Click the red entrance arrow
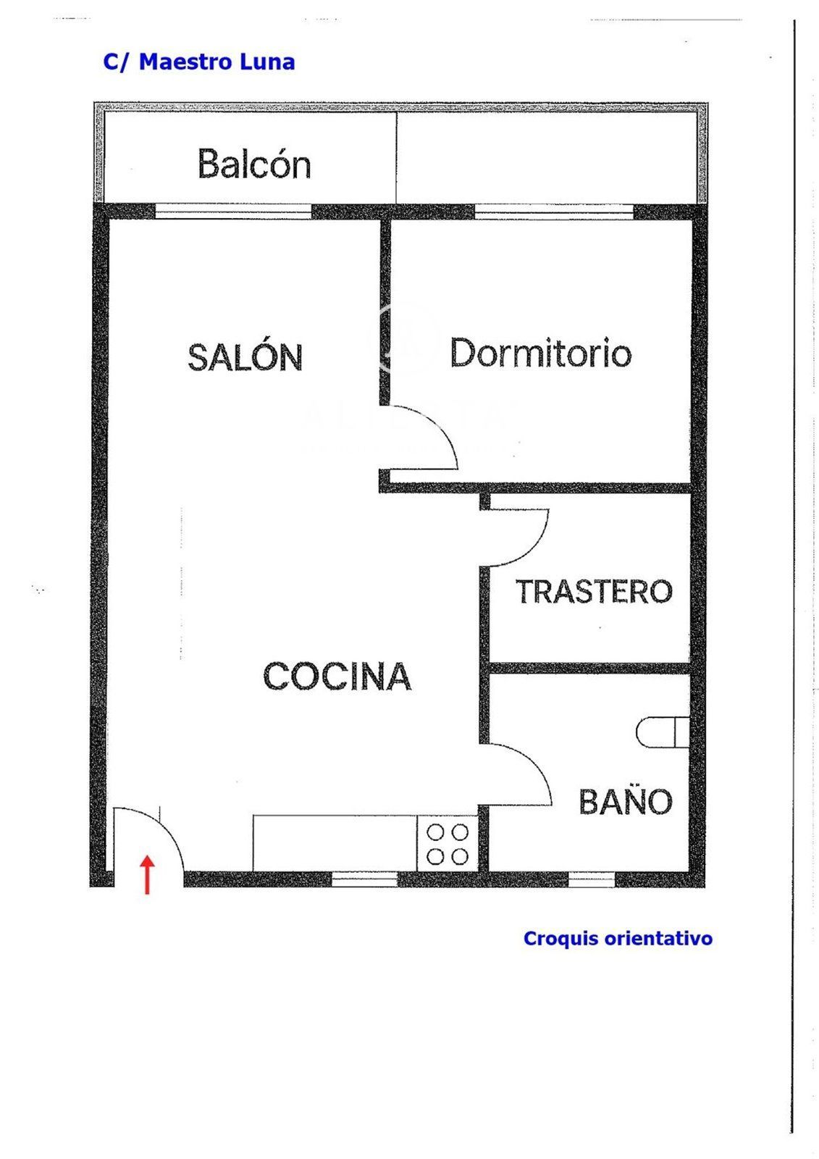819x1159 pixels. point(148,874)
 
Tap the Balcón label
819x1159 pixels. point(254,164)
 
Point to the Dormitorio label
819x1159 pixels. point(541,353)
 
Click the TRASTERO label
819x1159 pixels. point(594,591)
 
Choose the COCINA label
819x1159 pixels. point(337,677)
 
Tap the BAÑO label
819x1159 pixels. point(626,801)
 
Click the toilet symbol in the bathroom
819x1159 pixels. point(663,732)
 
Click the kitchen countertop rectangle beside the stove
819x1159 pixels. point(335,844)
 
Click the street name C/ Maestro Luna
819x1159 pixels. point(199,62)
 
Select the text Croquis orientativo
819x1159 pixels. point(618,938)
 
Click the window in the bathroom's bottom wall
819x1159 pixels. point(592,879)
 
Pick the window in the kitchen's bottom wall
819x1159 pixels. point(364,879)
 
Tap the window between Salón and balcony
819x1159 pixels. point(233,211)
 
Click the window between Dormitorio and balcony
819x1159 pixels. point(554,211)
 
